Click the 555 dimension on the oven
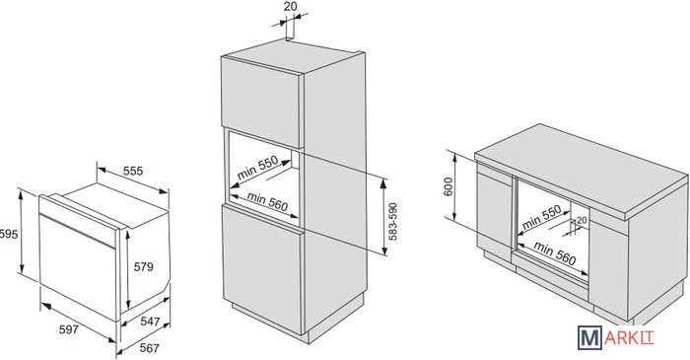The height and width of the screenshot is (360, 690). coord(133,171)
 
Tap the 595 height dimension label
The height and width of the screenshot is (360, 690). coord(9,234)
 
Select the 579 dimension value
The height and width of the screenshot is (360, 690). coord(144,266)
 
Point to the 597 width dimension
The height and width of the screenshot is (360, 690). coord(69,329)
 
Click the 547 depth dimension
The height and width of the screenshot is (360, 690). coord(150,322)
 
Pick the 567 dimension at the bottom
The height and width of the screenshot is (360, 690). coord(149,348)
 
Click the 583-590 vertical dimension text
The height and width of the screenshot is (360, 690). coord(393,221)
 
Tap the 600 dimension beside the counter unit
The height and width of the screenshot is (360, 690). coord(448,186)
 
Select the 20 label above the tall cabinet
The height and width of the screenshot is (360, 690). coord(290,6)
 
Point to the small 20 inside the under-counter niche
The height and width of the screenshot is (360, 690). coord(582,220)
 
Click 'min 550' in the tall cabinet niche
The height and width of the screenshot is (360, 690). coord(258,168)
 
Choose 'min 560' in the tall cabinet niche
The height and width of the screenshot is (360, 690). coord(267,201)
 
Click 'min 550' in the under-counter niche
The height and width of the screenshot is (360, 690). coord(541,217)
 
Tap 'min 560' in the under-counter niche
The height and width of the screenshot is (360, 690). coord(554,253)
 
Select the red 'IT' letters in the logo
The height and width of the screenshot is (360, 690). coord(648,337)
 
